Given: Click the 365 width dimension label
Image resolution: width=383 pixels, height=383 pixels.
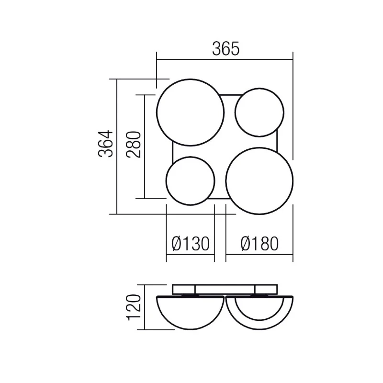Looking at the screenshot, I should [x=225, y=49].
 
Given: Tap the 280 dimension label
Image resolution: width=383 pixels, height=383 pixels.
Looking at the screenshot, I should [x=134, y=144].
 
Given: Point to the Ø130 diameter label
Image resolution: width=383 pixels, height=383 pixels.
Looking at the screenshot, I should [x=191, y=244].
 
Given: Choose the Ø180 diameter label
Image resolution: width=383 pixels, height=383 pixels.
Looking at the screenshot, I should [x=259, y=244].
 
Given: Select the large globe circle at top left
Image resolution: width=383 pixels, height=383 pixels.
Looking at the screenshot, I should [x=190, y=112].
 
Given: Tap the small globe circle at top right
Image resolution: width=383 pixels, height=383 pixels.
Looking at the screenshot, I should [x=259, y=112].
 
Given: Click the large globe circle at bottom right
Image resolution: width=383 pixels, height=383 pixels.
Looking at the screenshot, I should [x=259, y=181].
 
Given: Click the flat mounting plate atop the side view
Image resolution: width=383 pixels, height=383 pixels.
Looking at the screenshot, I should [x=225, y=289].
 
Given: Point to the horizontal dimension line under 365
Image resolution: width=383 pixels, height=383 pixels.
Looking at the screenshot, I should [x=225, y=60].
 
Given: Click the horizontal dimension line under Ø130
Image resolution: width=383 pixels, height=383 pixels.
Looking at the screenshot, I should [x=190, y=254].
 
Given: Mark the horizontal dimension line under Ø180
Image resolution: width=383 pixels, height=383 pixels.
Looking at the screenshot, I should [x=259, y=254].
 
